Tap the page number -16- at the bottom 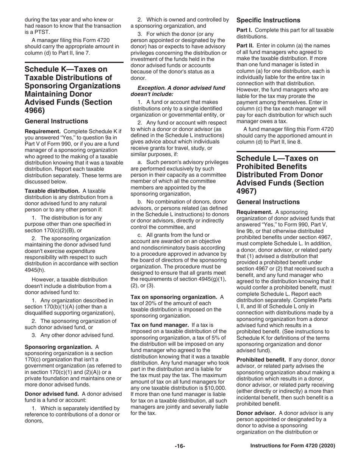click(180, 446)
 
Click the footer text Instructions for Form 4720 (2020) click(293, 446)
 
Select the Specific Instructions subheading click(268, 20)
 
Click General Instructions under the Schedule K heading click(56, 121)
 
